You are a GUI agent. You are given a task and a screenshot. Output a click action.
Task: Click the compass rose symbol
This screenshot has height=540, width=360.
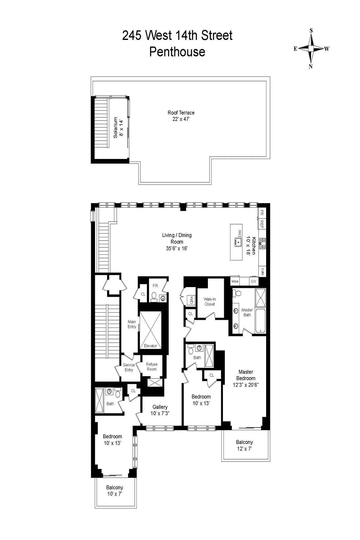click(x=311, y=48)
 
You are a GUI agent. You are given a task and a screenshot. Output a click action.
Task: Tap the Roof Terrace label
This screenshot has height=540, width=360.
click(x=181, y=113)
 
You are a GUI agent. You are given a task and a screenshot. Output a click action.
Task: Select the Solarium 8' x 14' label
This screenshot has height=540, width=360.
click(x=118, y=128)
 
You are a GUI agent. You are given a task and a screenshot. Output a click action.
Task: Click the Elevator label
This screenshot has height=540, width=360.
click(x=150, y=346)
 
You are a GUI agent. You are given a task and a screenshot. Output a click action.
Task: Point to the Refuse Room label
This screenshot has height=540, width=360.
click(x=151, y=367)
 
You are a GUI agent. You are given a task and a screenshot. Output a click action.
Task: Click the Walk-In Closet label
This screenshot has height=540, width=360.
click(x=210, y=301)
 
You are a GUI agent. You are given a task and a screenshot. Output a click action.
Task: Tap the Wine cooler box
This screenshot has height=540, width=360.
click(x=235, y=281)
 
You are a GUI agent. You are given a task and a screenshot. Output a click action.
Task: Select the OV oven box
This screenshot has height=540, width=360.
click(x=253, y=281)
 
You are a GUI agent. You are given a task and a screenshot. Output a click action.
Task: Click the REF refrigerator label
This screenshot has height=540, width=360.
click(x=262, y=224)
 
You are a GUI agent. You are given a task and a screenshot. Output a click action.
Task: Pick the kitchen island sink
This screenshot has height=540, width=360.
click(x=239, y=242)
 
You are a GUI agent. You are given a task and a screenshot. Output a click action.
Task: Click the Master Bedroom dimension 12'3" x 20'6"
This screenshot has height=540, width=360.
click(x=246, y=385)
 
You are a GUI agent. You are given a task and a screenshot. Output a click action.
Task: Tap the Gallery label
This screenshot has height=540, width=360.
click(x=160, y=407)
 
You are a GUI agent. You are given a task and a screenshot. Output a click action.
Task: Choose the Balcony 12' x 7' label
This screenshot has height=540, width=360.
click(x=244, y=442)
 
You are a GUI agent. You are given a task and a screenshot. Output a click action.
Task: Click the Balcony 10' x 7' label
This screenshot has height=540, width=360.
click(x=115, y=488)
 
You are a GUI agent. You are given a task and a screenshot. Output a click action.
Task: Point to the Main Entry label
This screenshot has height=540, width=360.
click(x=132, y=324)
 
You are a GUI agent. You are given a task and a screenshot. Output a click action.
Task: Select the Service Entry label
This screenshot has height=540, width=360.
click(x=129, y=367)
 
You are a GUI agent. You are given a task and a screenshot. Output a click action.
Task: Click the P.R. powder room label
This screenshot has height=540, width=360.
click(x=155, y=286)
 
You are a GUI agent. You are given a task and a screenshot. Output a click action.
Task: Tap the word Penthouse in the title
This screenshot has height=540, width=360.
click(x=177, y=52)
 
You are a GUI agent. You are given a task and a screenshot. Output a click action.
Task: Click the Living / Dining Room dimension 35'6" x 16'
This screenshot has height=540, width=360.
click(x=177, y=248)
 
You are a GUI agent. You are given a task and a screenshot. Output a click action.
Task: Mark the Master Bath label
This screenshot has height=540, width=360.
click(x=247, y=312)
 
